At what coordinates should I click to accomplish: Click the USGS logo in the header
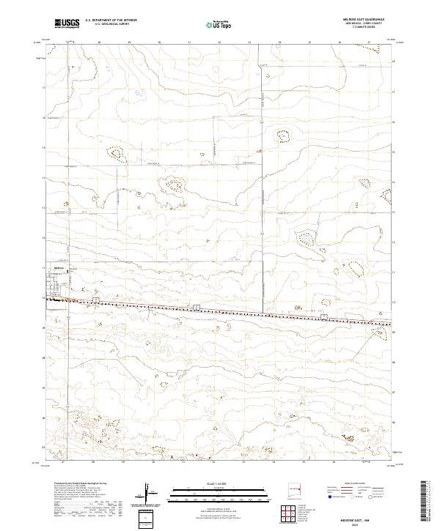[x=67, y=24]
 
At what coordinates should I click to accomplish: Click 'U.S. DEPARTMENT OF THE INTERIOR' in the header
[x=110, y=21]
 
